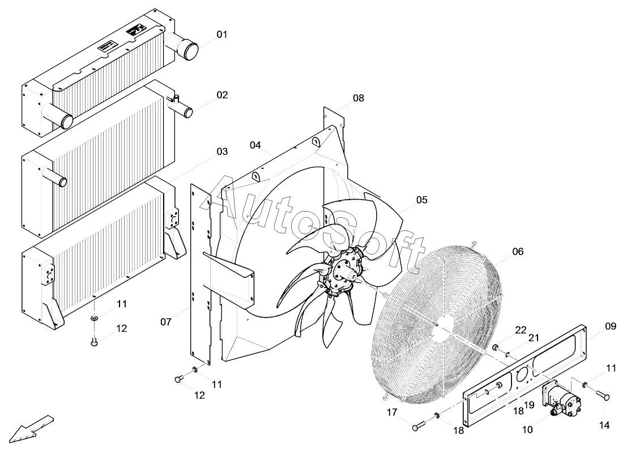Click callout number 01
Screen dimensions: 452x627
coord(221,35)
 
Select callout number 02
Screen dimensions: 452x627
coord(221,95)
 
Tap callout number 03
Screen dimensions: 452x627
coord(221,151)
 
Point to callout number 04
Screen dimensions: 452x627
coord(255,145)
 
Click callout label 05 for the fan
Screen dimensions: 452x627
coord(421,200)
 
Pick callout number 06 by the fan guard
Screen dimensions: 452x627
coord(518,251)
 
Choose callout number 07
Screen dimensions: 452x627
coord(165,322)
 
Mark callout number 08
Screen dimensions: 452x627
coord(358,98)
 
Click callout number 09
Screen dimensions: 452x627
coord(610,326)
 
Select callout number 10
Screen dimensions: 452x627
coord(527,430)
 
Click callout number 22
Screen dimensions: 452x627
coord(521,330)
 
